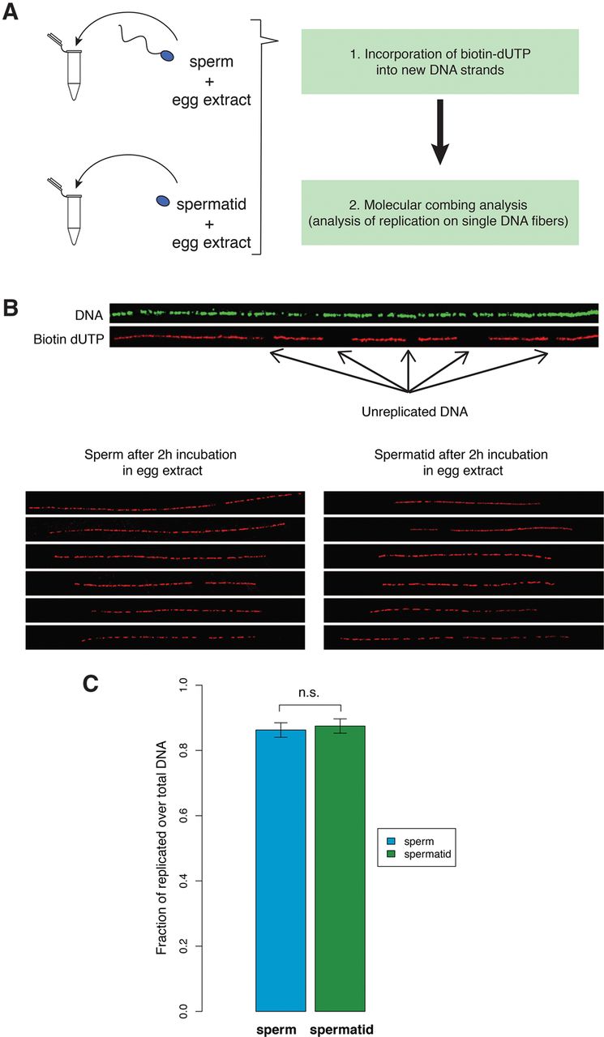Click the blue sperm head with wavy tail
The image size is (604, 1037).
pyautogui.click(x=167, y=57)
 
